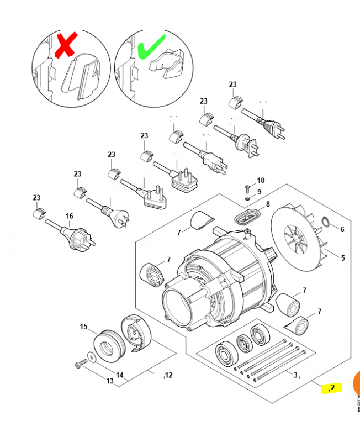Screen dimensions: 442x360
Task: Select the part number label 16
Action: point(70,216)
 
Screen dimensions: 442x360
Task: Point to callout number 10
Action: point(261,181)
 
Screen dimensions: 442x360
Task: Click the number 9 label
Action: point(259,192)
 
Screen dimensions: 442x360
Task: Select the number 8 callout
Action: point(268,204)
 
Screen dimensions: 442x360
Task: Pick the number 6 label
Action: point(342,229)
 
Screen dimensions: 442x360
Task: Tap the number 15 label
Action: point(84,327)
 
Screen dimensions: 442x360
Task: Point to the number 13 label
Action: point(109,381)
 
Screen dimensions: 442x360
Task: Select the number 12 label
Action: point(168,375)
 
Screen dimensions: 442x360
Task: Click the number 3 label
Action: point(295,375)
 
